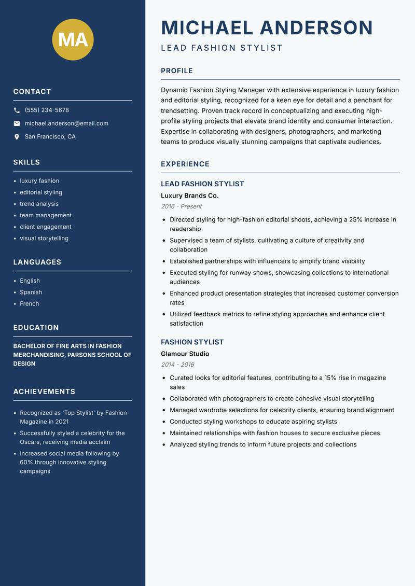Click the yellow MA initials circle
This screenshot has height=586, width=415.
(73, 40)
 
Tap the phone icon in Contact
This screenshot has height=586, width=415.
(17, 110)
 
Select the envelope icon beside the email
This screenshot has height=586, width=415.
(17, 123)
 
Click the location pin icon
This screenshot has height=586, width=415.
(17, 137)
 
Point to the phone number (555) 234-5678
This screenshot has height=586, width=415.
(47, 110)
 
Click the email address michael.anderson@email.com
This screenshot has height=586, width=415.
(66, 123)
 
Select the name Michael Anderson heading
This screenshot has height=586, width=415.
(267, 27)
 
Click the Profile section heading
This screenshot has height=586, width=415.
(177, 71)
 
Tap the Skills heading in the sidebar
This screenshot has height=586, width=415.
(26, 162)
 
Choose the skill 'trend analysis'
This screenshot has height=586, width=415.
(39, 204)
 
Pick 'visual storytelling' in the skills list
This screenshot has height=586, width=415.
(44, 239)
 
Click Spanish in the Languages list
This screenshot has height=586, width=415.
(31, 292)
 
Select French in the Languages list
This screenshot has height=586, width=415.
(29, 304)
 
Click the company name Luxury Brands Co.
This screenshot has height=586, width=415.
(189, 196)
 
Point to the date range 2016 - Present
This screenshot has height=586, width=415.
(181, 206)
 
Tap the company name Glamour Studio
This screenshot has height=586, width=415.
(185, 354)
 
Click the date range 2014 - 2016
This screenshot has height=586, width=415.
(177, 365)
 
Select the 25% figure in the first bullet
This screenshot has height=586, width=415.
(356, 220)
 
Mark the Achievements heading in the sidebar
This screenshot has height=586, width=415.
(44, 392)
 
